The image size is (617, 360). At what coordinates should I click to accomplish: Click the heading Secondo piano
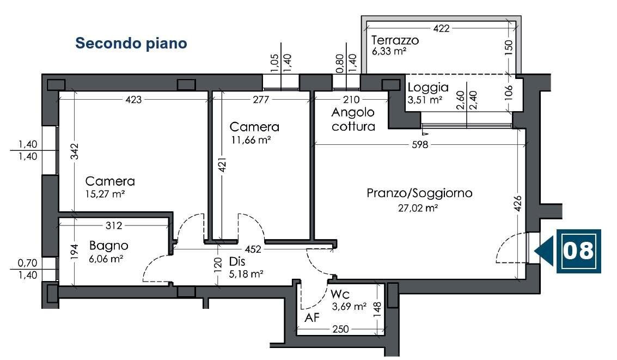[131, 44]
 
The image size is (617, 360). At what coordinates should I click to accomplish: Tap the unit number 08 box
[578, 251]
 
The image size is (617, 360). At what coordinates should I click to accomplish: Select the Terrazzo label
[394, 40]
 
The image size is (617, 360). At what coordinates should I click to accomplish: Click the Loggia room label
[428, 87]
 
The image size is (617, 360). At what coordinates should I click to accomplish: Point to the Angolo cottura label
[353, 120]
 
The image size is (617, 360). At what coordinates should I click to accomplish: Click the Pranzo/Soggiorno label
[419, 193]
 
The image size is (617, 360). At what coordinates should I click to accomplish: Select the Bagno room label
[109, 246]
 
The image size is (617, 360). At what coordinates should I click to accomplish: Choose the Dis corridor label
[237, 261]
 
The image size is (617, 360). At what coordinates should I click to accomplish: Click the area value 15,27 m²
[105, 193]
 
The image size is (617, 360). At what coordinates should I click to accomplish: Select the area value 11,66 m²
[250, 140]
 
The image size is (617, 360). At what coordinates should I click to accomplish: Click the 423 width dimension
[133, 100]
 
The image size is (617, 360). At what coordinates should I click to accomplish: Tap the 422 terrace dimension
[441, 28]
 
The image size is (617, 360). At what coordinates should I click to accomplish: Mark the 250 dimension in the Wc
[340, 330]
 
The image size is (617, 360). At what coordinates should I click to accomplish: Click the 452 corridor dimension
[253, 249]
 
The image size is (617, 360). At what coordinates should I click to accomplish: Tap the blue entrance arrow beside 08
[545, 251]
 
